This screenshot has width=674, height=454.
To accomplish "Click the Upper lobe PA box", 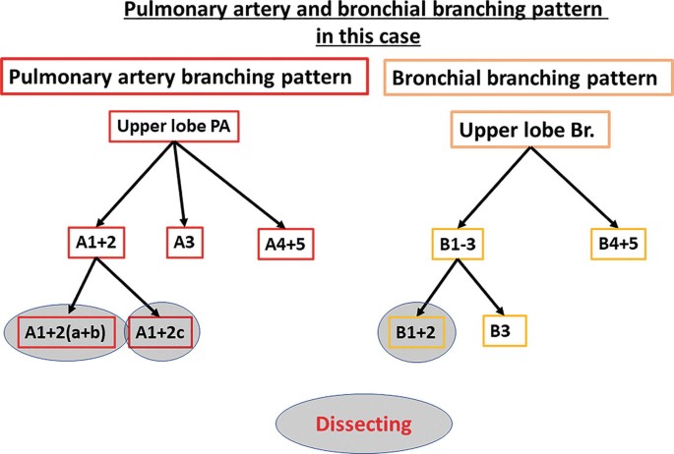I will (173, 127).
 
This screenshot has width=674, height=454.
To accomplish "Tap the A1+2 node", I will (95, 240).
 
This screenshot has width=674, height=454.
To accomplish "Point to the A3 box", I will (183, 240).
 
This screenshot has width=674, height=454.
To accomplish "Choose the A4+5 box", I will (287, 242).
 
